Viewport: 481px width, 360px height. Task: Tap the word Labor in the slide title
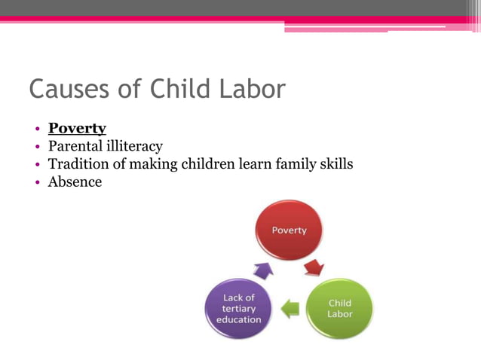coord(253,90)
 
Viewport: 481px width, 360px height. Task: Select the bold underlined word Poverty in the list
coord(77,128)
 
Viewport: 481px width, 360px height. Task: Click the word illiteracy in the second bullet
coord(133,146)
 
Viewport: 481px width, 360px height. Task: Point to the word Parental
coord(74,146)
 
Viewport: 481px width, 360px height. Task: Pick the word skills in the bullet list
coord(334,163)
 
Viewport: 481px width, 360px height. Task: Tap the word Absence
coord(75,182)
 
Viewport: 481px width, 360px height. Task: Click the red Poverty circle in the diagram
coord(290,230)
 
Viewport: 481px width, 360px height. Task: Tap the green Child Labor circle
coord(339,308)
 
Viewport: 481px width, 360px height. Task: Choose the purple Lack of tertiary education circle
coord(238,308)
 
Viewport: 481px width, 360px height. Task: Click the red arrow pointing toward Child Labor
coord(314,267)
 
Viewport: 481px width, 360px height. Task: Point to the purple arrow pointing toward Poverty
coord(262,269)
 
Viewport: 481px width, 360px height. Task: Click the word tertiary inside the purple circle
coord(238,308)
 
